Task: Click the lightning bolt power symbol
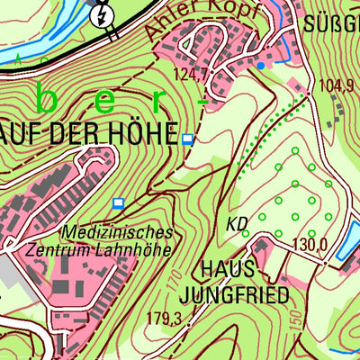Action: pyautogui.click(x=103, y=15)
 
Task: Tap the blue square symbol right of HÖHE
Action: pyautogui.click(x=187, y=139)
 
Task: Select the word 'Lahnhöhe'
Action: pyautogui.click(x=139, y=249)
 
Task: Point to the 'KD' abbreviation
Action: pyautogui.click(x=237, y=222)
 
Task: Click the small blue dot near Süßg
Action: pyautogui.click(x=260, y=65)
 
